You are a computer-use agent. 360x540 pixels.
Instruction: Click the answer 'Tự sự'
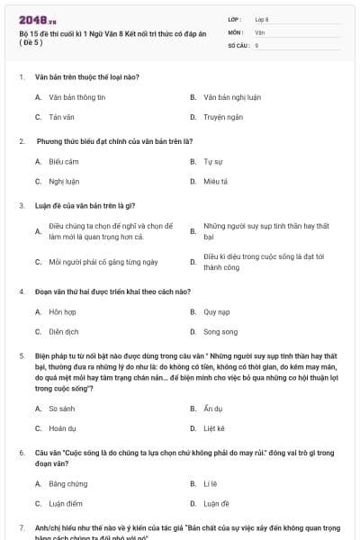(212, 162)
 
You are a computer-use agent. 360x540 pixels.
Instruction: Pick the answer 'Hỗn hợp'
(62, 311)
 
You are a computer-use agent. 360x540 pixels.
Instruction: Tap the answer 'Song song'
(220, 332)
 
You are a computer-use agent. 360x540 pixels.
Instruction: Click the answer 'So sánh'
(62, 408)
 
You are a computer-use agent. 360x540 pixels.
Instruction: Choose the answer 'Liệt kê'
(214, 428)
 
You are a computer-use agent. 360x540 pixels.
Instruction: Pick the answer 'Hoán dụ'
(62, 428)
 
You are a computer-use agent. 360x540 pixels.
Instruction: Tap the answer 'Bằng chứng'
(67, 483)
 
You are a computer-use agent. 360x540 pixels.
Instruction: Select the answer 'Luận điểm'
(66, 504)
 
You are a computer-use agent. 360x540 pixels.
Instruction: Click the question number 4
(21, 292)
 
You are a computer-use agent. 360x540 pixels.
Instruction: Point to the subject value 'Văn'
(259, 31)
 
